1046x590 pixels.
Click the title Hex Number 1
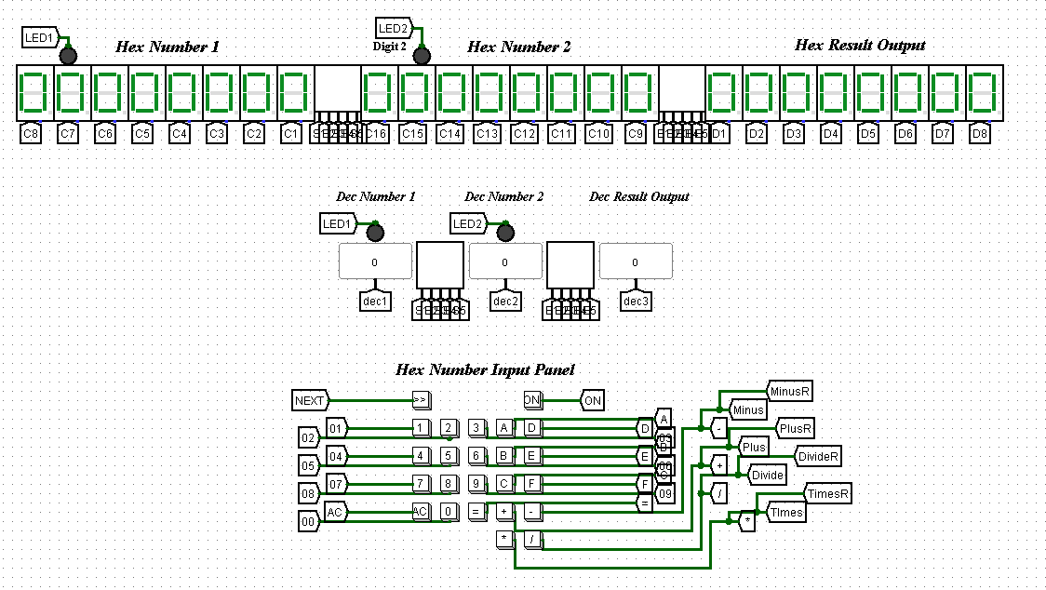168,47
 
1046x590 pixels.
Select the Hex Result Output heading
860,45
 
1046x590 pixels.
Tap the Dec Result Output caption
639,197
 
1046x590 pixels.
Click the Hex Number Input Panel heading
486,370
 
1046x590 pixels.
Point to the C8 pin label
31,134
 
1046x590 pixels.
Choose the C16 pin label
376,134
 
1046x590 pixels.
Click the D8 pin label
979,134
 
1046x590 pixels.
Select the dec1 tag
375,301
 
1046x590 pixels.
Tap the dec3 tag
636,301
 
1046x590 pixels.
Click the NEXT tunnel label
310,401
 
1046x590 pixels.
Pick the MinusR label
789,391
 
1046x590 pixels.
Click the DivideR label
819,456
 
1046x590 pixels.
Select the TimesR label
827,493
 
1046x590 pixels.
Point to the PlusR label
796,428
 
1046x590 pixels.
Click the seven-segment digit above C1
291,93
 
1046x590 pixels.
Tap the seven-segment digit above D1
720,93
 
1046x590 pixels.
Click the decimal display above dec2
505,261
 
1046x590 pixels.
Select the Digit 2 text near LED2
390,47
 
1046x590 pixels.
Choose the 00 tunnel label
307,521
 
